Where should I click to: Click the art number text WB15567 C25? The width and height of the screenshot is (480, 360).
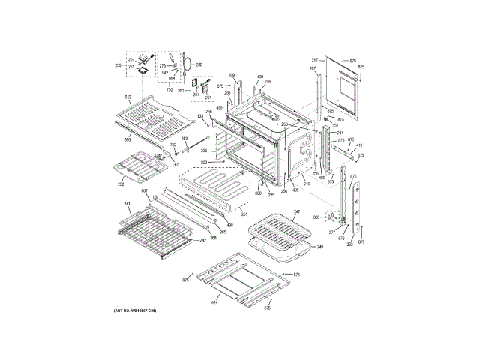135,310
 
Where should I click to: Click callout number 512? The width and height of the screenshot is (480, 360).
127,97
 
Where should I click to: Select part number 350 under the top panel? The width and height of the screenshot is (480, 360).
127,140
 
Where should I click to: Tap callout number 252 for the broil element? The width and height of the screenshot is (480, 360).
120,184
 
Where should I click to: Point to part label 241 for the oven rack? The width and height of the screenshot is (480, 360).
127,204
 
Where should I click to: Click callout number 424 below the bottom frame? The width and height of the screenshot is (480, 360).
214,303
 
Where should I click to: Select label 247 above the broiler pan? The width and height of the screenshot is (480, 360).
296,213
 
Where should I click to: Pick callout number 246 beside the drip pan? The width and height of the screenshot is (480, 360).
319,247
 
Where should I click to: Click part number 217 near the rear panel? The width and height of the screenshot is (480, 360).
315,59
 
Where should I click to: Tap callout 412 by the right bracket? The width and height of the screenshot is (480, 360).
359,145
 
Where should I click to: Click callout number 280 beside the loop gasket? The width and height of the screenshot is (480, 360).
199,65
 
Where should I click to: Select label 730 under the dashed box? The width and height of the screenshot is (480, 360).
169,89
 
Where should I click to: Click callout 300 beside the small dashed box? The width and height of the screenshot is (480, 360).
316,217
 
